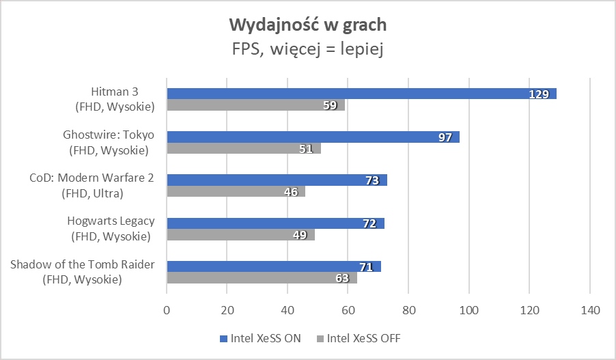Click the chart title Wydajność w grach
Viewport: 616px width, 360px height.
point(307,25)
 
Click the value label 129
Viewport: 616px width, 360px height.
point(539,94)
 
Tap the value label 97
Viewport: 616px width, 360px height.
point(445,137)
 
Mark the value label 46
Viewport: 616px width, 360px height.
point(291,192)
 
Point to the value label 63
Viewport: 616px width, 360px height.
point(342,279)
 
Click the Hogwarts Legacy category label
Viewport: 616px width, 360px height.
point(111,229)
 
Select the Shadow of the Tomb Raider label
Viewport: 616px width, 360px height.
point(83,272)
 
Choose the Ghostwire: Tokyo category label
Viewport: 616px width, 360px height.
point(109,142)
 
